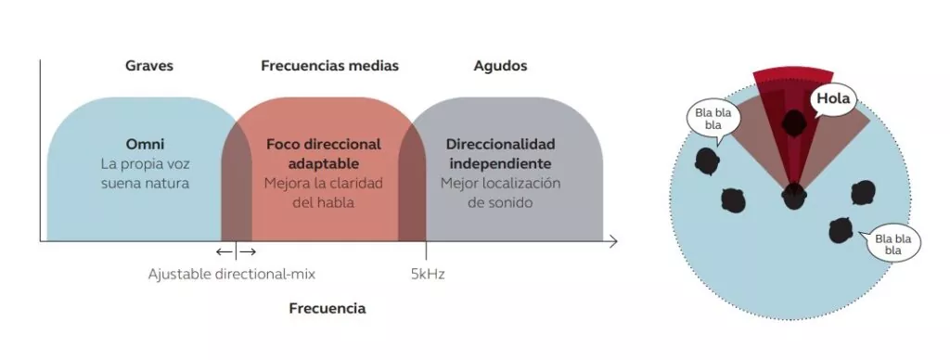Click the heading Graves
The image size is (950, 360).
pos(149,66)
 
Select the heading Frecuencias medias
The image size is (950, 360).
pos(329,66)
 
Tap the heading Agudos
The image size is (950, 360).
pos(500,66)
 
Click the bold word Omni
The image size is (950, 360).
pos(145,144)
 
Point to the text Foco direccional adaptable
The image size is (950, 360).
pos(324,154)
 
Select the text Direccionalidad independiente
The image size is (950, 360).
pos(500,154)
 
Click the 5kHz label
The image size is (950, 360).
pos(428,274)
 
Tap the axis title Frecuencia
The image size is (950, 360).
pos(327,308)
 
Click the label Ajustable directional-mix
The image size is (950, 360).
pos(231,274)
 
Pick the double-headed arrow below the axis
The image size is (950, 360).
pos(236,251)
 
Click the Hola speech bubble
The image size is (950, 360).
pos(833,98)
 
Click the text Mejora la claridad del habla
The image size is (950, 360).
pos(324,193)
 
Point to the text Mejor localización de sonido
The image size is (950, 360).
pos(500,193)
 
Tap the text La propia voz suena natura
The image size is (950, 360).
pos(145,174)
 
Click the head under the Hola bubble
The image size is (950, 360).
pos(793,123)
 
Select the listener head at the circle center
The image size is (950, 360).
pos(794,196)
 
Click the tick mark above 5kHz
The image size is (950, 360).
pos(426,251)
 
